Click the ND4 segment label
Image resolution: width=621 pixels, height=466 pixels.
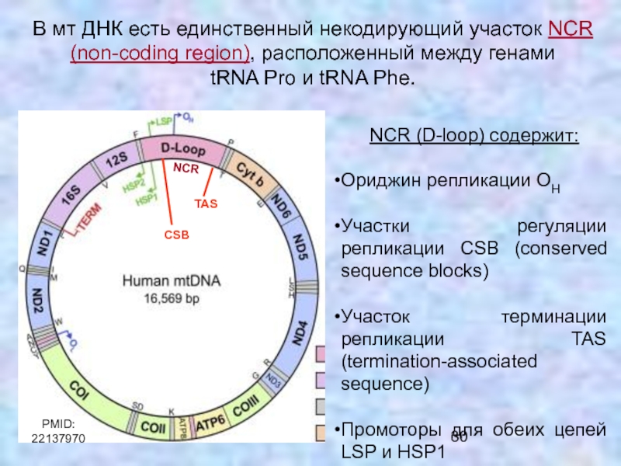click(300, 334)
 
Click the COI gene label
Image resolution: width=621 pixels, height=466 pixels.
click(78, 386)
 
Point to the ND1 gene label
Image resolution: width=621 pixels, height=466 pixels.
click(45, 243)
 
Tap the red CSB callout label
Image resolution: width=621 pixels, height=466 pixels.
click(177, 233)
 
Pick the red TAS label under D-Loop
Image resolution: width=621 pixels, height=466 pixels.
click(206, 203)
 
